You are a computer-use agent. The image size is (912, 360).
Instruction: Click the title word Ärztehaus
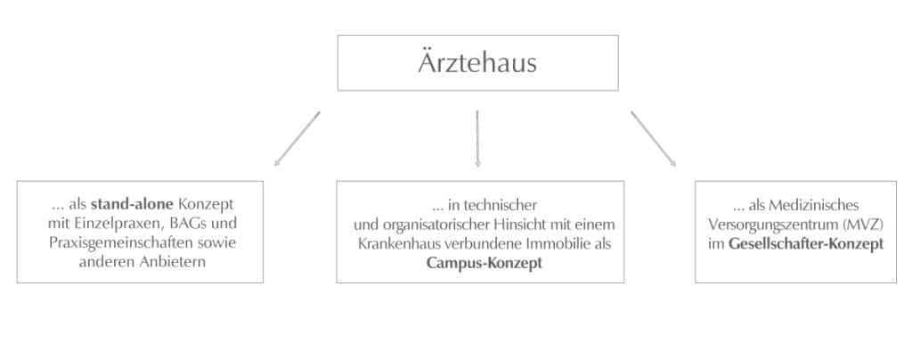pos(477,62)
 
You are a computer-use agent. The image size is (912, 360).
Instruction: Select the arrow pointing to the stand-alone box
pos(297,139)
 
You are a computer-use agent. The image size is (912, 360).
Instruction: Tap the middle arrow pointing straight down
pos(477,139)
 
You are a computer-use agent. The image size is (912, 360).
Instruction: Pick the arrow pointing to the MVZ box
pos(653,139)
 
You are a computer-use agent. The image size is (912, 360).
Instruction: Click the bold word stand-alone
pos(133,205)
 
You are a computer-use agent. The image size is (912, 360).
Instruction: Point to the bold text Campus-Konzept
pos(484,263)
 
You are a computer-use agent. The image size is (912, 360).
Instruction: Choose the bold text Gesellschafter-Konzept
pos(805,243)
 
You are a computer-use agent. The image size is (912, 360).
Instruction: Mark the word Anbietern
pos(175,262)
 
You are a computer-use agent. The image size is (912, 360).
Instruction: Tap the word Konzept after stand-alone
pos(206,205)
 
